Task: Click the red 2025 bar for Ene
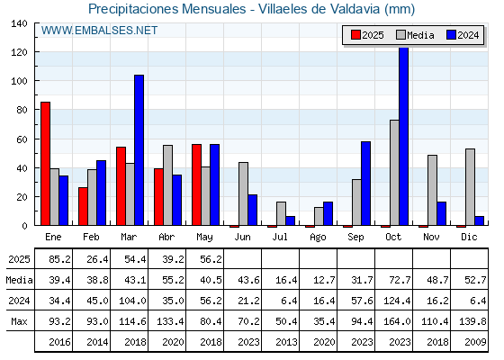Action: coord(45,164)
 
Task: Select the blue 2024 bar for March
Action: coord(139,150)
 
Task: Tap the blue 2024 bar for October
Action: coord(404,136)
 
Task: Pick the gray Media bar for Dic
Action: coord(470,187)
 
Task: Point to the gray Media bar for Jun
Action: coord(243,193)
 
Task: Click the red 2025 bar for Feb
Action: coord(83,206)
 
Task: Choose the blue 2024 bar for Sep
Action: coord(365,184)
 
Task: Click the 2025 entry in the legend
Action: coord(367,35)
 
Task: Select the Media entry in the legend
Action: coord(415,35)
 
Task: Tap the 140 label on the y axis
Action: coord(19,23)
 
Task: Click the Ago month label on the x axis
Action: coord(318,238)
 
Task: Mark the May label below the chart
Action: coord(205,238)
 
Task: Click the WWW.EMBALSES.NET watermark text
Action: coord(99,31)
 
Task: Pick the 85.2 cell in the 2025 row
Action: coord(59,259)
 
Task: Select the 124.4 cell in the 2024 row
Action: coord(397,301)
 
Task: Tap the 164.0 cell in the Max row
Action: coord(397,321)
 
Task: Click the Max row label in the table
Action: coord(19,321)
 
